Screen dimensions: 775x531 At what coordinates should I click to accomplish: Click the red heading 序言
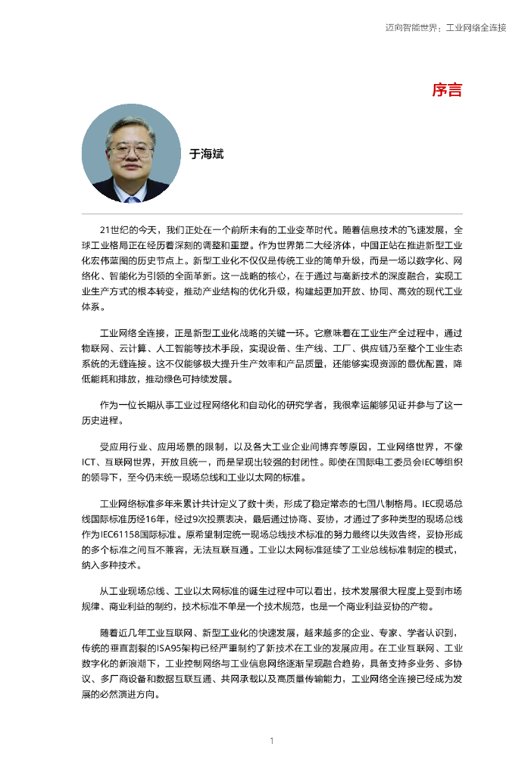point(447,90)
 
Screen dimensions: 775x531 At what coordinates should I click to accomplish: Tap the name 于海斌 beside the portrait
point(207,154)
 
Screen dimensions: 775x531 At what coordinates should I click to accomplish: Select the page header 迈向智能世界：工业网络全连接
point(445,27)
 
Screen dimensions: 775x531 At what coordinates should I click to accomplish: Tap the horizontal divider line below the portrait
point(272,213)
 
